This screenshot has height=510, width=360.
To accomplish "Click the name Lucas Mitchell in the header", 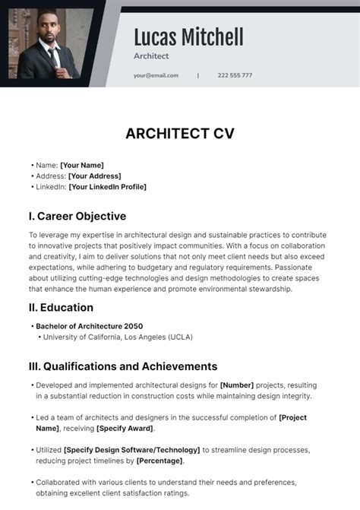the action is [x=188, y=36].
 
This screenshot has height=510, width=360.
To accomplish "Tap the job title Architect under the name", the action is [x=151, y=56].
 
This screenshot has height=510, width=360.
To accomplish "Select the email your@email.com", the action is [x=156, y=75].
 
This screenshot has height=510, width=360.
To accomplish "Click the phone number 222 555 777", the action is [x=235, y=75].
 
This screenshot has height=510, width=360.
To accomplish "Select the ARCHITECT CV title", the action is [x=180, y=134].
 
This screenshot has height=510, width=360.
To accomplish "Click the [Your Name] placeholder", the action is [x=82, y=165].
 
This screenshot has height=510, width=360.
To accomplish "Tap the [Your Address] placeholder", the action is [x=94, y=176].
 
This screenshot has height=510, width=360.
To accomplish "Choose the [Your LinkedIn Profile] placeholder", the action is [x=107, y=187].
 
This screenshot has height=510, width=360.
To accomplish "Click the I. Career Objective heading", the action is [x=77, y=216].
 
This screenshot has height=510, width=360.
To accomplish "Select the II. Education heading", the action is [x=61, y=308].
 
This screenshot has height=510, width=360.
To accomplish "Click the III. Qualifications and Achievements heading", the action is [x=123, y=366].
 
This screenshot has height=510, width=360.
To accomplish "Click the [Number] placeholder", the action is [x=237, y=385].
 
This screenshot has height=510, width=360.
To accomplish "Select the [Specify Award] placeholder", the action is [x=127, y=429].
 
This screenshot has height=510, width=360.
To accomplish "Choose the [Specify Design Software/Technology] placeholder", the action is [x=132, y=450].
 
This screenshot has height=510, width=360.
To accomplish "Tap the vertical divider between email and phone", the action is [x=198, y=75].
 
